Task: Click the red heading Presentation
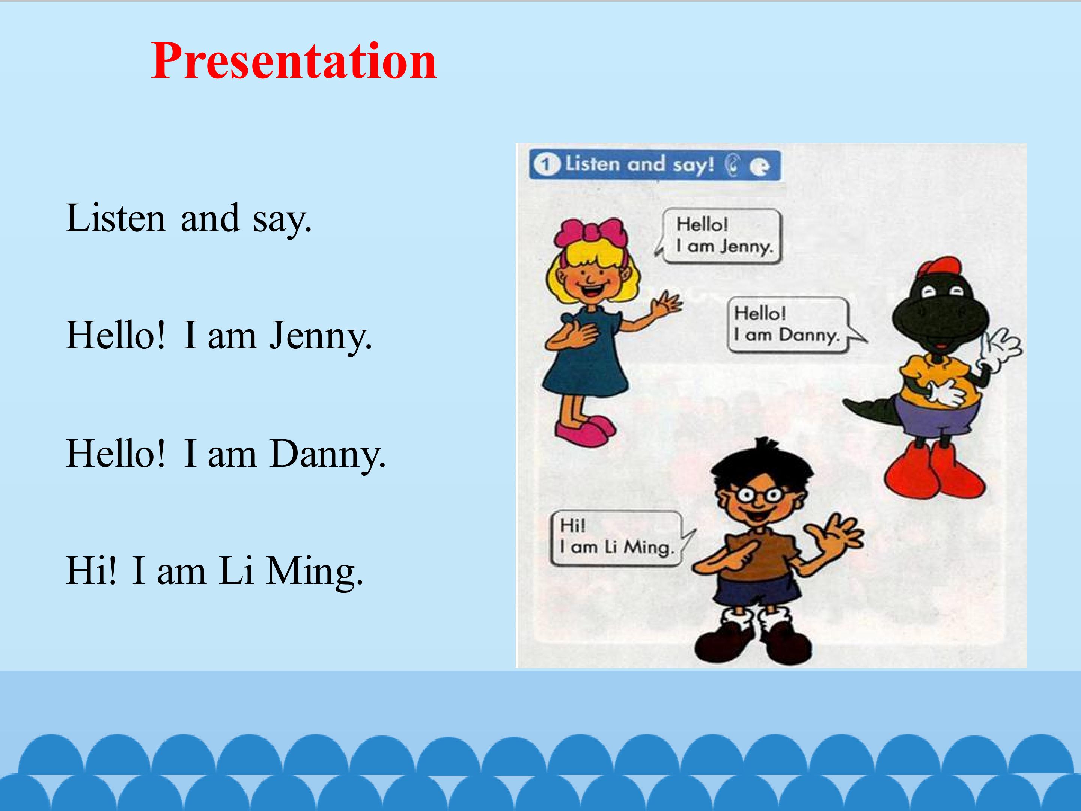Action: tap(294, 62)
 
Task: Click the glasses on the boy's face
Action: tap(760, 496)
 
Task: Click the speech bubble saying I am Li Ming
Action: tap(620, 538)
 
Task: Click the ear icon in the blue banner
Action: tap(731, 166)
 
